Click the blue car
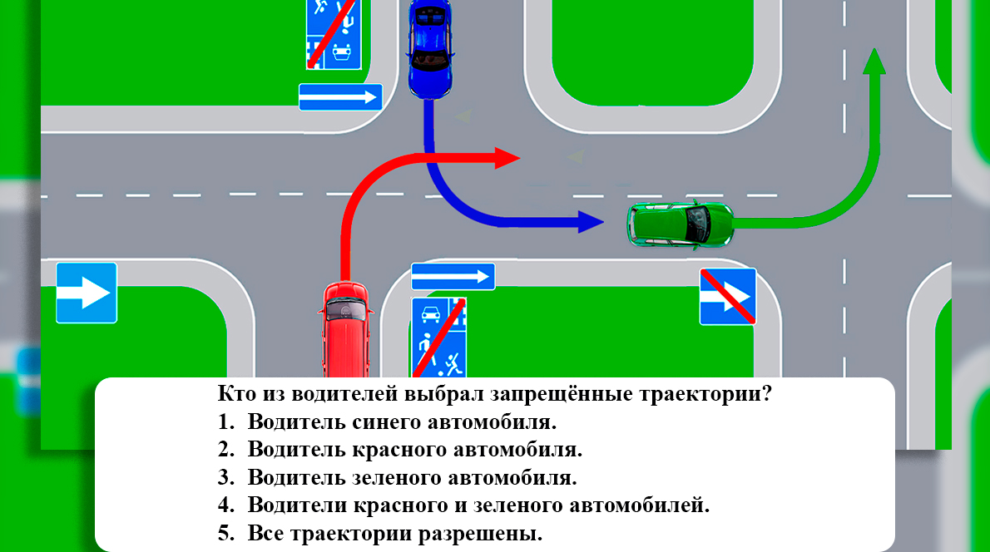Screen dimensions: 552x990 click(430, 48)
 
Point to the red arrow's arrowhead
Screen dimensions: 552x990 click(507, 157)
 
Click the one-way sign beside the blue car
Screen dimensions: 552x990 click(340, 97)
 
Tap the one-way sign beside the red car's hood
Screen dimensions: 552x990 click(453, 277)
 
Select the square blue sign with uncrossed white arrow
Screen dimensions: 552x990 click(86, 293)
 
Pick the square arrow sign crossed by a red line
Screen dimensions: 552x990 click(727, 296)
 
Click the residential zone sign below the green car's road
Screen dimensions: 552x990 click(438, 337)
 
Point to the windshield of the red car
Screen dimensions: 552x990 click(345, 309)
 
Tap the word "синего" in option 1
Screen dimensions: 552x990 click(384, 421)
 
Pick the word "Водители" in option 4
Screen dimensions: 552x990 click(298, 505)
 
